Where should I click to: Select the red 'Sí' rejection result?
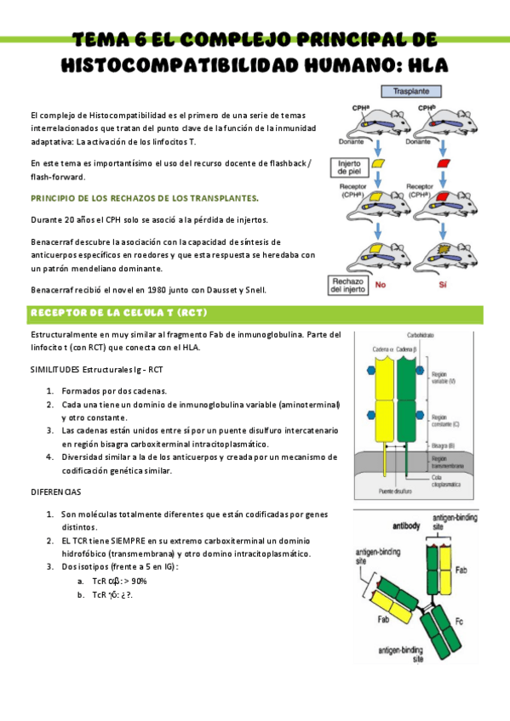442,287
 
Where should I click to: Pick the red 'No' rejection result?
380,287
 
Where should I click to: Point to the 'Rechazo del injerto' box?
349,284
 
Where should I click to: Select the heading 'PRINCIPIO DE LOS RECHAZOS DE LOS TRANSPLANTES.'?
145,197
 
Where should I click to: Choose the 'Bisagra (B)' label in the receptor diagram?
446,446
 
